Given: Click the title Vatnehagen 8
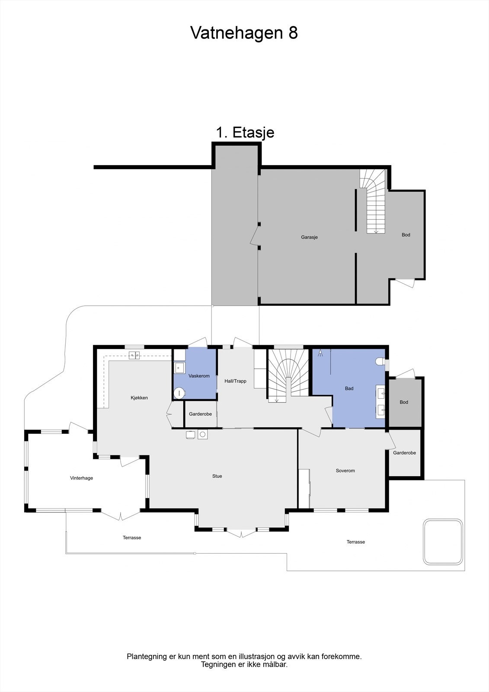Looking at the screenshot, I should click(x=244, y=33).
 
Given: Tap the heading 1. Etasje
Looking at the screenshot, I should click(x=245, y=132).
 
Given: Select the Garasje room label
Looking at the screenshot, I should click(x=309, y=237).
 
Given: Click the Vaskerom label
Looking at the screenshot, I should click(x=199, y=376).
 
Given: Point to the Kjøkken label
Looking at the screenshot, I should click(x=139, y=397).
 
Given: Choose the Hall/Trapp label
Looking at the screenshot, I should click(x=235, y=381).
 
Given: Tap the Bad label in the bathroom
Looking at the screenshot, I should click(x=349, y=388).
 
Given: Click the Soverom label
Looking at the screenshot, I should click(x=345, y=471).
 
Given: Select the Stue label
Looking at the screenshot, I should click(x=217, y=476).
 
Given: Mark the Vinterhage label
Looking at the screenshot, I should click(x=81, y=478).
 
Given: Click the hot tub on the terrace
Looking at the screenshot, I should click(x=443, y=541).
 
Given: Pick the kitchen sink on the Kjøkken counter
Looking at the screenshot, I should click(x=134, y=356).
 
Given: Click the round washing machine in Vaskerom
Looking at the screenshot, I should click(x=179, y=393).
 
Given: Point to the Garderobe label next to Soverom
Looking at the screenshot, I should click(x=404, y=453).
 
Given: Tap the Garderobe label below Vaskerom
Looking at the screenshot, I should click(x=200, y=414).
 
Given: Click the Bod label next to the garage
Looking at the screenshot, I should click(x=406, y=235).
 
